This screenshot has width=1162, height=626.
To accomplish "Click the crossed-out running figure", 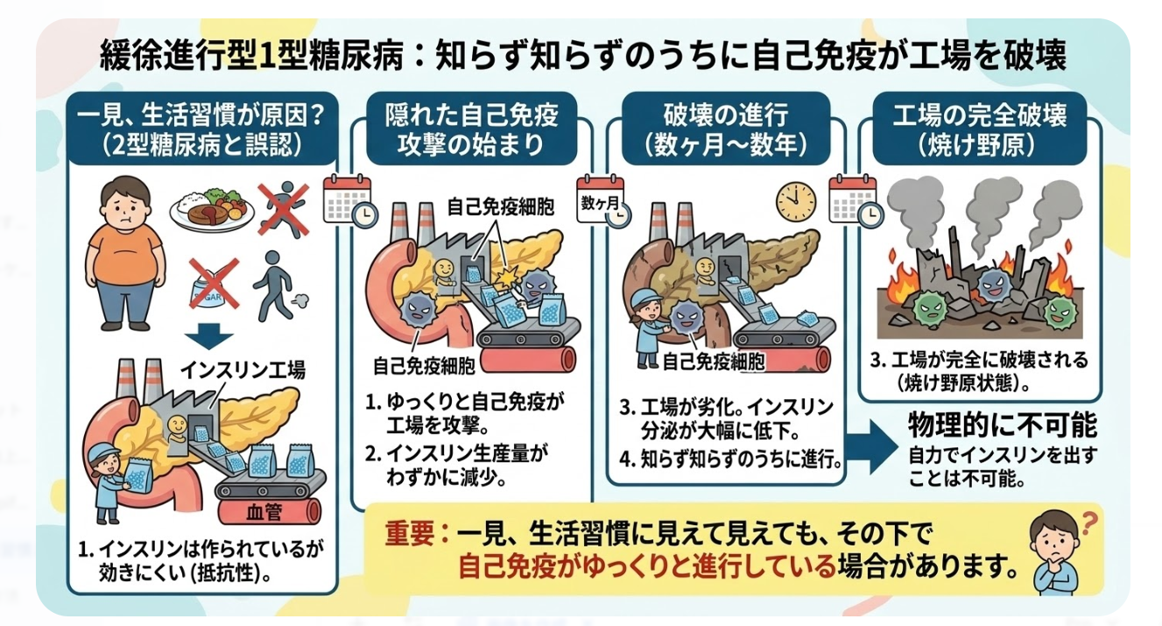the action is (283, 209).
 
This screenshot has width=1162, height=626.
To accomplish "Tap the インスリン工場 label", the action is (243, 369).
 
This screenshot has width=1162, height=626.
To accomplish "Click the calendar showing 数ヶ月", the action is (602, 201).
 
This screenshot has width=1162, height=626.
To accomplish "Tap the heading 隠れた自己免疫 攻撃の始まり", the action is (472, 130).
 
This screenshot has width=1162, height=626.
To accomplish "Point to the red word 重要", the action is (409, 533).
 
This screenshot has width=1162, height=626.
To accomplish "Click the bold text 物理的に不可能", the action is (1003, 426).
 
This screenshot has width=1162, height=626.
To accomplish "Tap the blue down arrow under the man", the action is (209, 337).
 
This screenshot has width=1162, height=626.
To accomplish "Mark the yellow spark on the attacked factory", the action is (506, 278).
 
